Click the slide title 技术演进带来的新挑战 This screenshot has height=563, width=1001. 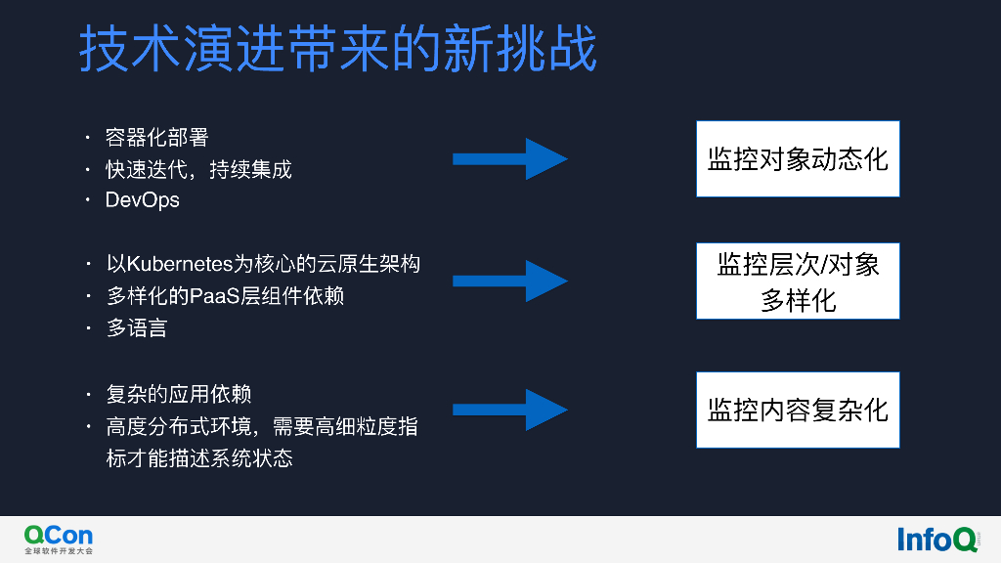click(x=337, y=48)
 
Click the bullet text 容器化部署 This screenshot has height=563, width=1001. click(x=157, y=138)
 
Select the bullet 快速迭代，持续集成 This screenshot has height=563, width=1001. click(x=198, y=169)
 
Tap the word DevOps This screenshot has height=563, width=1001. click(x=143, y=200)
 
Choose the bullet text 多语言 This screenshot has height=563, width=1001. click(x=137, y=327)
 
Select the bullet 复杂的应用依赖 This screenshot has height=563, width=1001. click(x=179, y=394)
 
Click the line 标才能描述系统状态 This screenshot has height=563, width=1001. click(x=199, y=457)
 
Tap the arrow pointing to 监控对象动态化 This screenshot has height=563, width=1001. click(x=509, y=158)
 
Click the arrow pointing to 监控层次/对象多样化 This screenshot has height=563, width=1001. click(x=509, y=281)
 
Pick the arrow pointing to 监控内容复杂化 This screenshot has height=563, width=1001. click(x=509, y=410)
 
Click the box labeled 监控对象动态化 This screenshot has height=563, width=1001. click(x=798, y=158)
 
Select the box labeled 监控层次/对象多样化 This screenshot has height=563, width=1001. click(x=798, y=281)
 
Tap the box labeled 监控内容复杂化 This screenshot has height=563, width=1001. click(x=798, y=410)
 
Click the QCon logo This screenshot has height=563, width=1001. click(x=59, y=534)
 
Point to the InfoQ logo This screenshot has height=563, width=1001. click(x=936, y=539)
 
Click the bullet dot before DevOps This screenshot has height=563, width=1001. click(x=88, y=200)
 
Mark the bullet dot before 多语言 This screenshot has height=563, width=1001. click(x=88, y=327)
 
